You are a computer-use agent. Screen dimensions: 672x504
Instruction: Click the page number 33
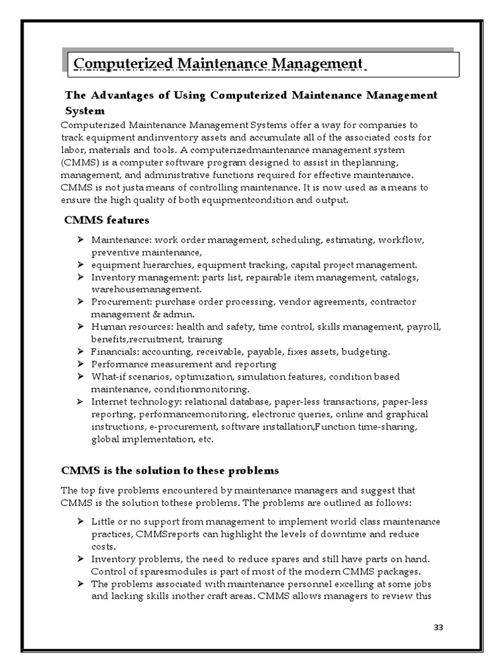tap(438, 628)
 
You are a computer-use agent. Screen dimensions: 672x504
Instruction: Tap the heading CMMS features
tap(106, 220)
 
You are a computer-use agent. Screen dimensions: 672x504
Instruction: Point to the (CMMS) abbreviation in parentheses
tap(77, 162)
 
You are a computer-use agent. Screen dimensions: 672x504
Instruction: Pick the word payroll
tap(427, 327)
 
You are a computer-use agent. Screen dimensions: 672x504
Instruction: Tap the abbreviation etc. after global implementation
tap(205, 439)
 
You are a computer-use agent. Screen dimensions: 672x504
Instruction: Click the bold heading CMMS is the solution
tap(169, 471)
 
